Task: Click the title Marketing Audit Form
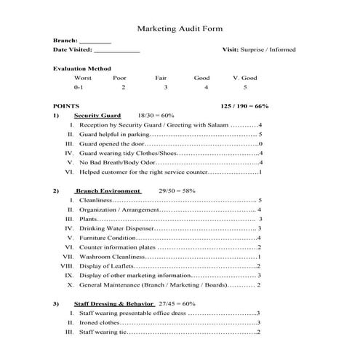[180, 28]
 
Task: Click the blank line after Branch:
[95, 42]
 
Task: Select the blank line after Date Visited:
[116, 51]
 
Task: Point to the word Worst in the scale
[83, 78]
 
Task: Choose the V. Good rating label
[244, 78]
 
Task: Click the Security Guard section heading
[97, 116]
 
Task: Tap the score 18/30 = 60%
[156, 116]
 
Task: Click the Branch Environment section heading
[108, 191]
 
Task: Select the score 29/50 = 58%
[177, 191]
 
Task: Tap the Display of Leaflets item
[106, 266]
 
